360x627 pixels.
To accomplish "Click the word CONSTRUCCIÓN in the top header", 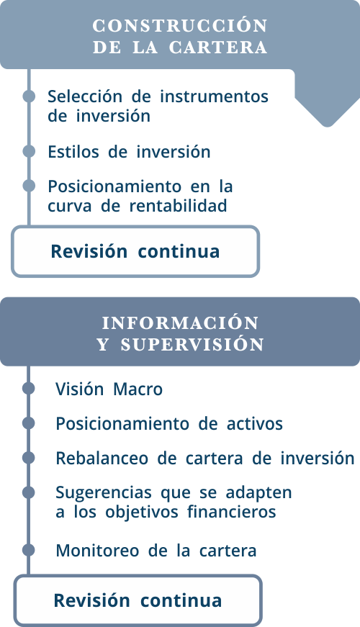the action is point(180,26).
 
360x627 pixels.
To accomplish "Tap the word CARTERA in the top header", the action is point(218,48).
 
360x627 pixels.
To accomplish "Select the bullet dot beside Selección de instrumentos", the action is point(29,96).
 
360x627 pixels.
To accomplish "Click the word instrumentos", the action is point(214,96).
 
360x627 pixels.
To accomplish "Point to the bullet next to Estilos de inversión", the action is point(29,151).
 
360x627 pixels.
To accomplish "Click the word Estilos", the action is point(73,152).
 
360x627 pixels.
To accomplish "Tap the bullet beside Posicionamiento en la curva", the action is point(29,186).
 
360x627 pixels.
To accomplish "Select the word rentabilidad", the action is point(178,206).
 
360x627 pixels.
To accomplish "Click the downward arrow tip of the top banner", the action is point(327,126).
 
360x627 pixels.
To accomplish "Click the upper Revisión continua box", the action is point(135,251).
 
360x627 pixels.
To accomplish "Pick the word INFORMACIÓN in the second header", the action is point(180,323).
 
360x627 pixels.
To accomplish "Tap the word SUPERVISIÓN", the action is point(192,345).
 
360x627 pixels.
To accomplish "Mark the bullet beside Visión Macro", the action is point(28,388).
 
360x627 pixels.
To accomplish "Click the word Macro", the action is point(138,389).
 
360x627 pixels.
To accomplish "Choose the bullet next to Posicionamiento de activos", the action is point(28,423).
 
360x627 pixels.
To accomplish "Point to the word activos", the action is point(255,424).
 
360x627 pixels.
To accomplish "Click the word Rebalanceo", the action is point(102,459).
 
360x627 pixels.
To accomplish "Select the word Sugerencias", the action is point(104,493).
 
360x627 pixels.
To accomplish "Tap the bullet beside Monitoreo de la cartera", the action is point(28,550).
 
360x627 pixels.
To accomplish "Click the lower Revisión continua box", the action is point(138,600).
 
